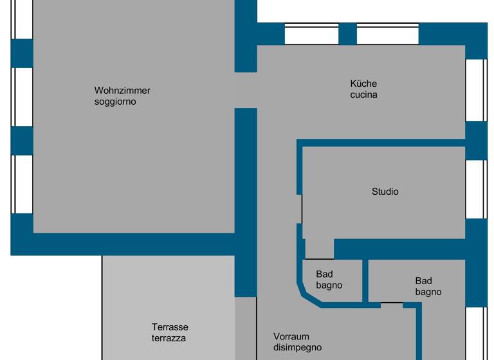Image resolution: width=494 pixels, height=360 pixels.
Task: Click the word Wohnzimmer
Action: coord(122,91)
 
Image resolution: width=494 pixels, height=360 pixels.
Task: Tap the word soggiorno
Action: coord(115,102)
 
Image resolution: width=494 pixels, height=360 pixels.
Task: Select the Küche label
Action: coord(363,84)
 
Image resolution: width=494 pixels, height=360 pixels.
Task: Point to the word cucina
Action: coord(363,94)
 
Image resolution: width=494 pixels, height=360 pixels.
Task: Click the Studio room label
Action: coord(385,192)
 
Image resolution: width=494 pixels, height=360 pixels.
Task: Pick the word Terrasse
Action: coord(170,327)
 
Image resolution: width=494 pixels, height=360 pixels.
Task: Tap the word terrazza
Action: coord(169,338)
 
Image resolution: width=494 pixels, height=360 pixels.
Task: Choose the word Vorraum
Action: coord(291,337)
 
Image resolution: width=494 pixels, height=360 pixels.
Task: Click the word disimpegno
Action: coord(297,348)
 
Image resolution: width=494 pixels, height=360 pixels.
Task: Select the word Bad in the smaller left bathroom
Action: coord(324,274)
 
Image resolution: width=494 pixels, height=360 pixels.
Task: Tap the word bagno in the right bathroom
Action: coord(428,292)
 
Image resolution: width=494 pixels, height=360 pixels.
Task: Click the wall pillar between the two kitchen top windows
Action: coord(347,33)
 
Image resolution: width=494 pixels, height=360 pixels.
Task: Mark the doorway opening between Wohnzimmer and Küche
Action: coord(246,90)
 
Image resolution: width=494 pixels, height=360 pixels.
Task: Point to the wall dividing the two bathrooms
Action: coord(365,280)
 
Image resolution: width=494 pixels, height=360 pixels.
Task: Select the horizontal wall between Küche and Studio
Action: coord(383,142)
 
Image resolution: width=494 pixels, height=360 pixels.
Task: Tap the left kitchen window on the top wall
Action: coord(311,34)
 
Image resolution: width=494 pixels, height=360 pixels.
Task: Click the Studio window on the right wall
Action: coord(476,189)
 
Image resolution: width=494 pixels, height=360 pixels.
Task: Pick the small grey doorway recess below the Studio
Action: coord(318,249)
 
